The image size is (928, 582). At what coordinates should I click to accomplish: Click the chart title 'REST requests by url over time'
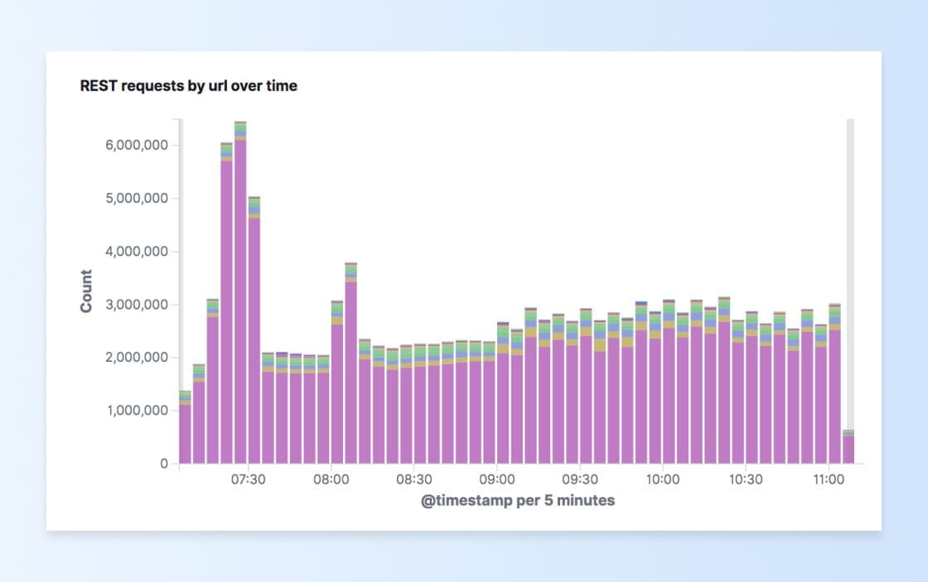pos(188,85)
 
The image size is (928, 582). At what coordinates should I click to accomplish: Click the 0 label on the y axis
pos(163,464)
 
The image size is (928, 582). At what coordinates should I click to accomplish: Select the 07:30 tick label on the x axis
pos(248,479)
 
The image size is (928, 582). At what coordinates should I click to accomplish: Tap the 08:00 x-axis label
pos(331,479)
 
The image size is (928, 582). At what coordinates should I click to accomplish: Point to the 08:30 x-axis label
pos(413,479)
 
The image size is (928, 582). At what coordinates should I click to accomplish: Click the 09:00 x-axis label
pos(496,479)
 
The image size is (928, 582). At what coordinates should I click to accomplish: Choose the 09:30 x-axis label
pos(580,479)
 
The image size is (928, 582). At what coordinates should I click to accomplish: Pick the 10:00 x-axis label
pos(663,479)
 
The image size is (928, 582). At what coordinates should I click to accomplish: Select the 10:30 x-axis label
pos(746,479)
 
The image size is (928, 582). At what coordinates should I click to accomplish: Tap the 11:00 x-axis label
pos(829,479)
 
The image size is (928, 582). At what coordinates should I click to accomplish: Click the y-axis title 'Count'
pos(86,291)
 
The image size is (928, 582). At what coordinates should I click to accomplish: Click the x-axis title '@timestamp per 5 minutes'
pos(518,501)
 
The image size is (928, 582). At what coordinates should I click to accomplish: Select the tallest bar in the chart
pos(240,298)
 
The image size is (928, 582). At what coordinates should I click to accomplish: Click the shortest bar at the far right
pos(848,448)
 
